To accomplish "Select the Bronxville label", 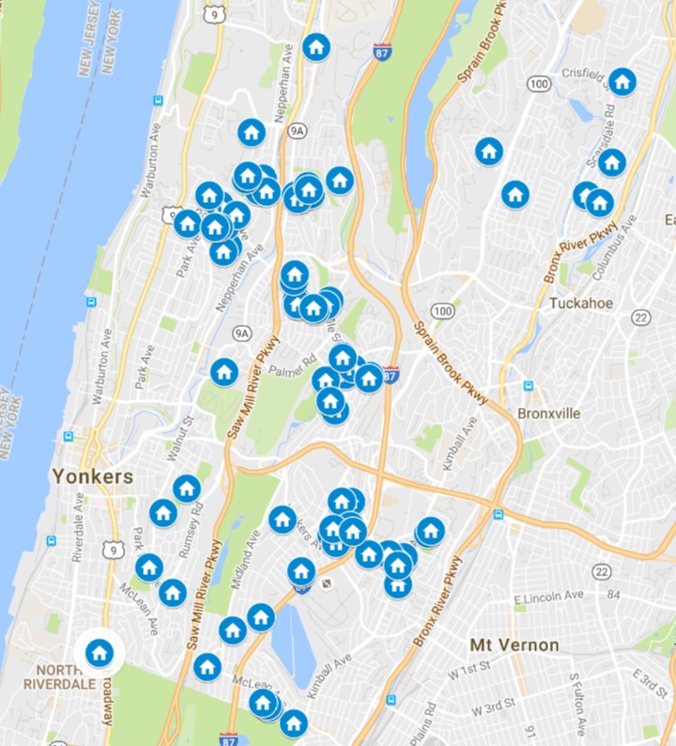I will (549, 413).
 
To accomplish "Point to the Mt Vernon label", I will (514, 645).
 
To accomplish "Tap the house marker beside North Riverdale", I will (100, 651).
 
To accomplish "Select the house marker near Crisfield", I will (622, 82).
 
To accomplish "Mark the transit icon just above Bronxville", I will (529, 385).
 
